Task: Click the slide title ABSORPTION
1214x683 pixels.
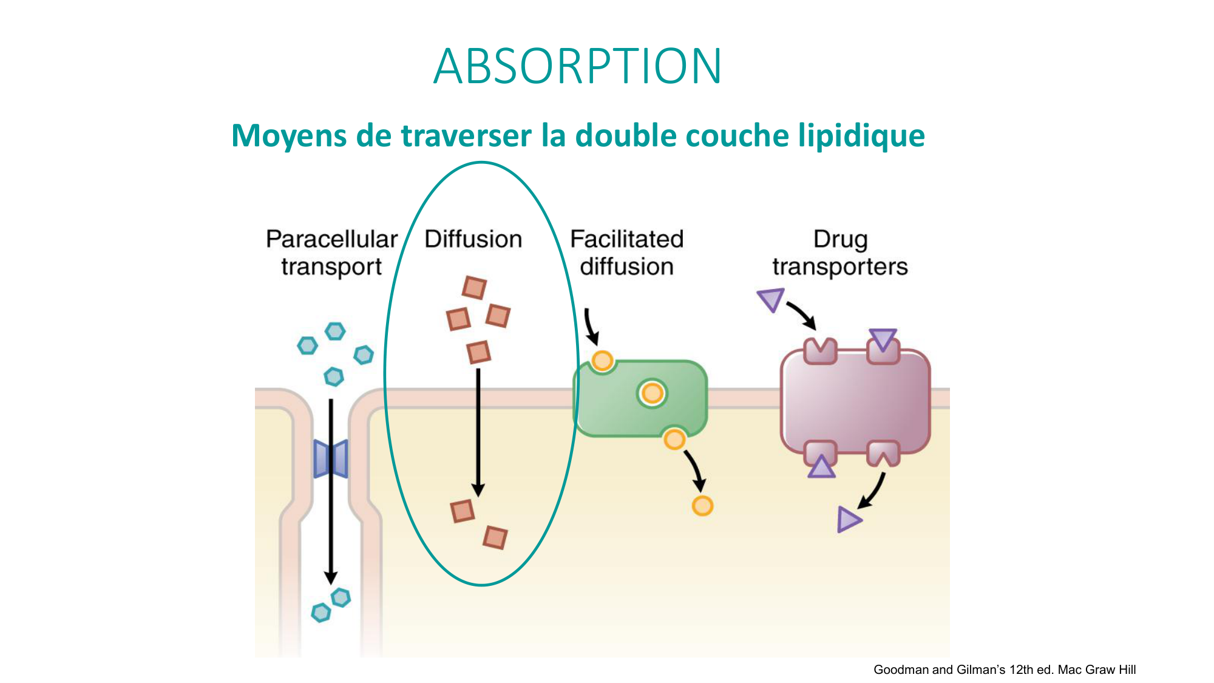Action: click(577, 66)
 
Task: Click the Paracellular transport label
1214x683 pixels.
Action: click(331, 253)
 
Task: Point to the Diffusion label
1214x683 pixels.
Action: click(473, 239)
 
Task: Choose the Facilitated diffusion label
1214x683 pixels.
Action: click(626, 253)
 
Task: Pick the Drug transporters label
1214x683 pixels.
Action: click(839, 253)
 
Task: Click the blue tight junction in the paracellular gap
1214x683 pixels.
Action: click(331, 458)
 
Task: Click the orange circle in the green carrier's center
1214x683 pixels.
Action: click(652, 393)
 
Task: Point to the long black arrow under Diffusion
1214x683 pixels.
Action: click(478, 431)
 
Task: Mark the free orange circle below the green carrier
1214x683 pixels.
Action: click(702, 506)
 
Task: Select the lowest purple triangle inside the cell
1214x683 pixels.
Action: click(849, 520)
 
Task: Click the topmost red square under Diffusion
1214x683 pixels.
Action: click(474, 288)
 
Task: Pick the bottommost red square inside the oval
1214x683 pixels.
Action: click(495, 538)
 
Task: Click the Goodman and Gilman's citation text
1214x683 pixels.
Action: click(1004, 670)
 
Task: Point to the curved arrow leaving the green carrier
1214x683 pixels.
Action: click(695, 467)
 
